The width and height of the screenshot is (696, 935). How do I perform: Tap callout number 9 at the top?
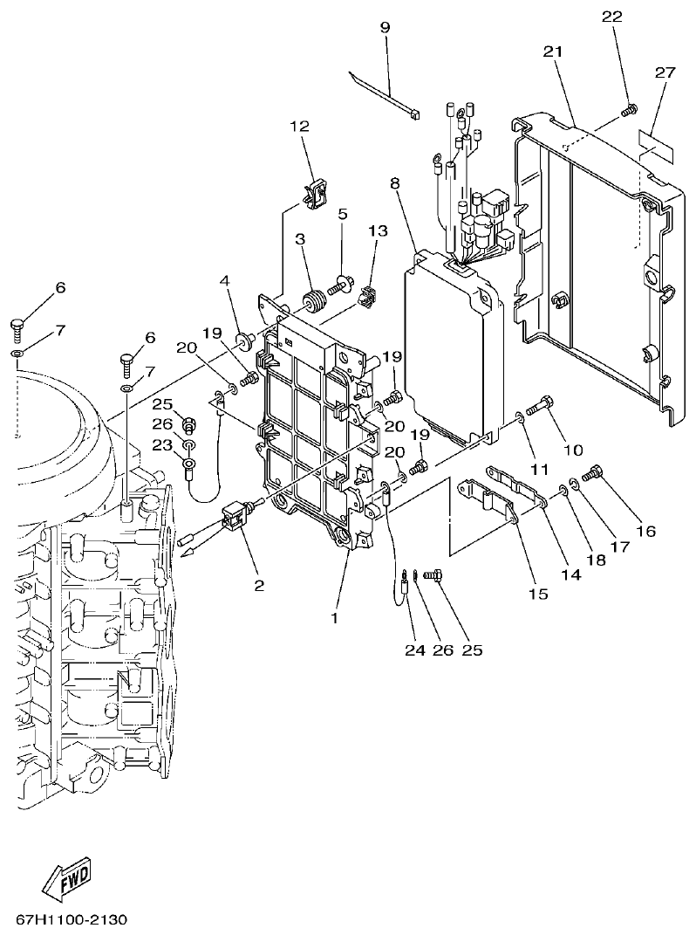(385, 27)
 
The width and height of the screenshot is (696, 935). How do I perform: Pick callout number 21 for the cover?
(552, 52)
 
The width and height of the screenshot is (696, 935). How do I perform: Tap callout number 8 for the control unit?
(395, 183)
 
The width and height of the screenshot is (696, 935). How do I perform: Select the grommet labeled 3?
(312, 303)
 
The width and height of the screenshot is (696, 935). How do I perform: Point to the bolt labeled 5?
(340, 284)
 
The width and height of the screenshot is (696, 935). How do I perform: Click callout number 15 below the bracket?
(538, 594)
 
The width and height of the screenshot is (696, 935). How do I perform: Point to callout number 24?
(412, 650)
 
